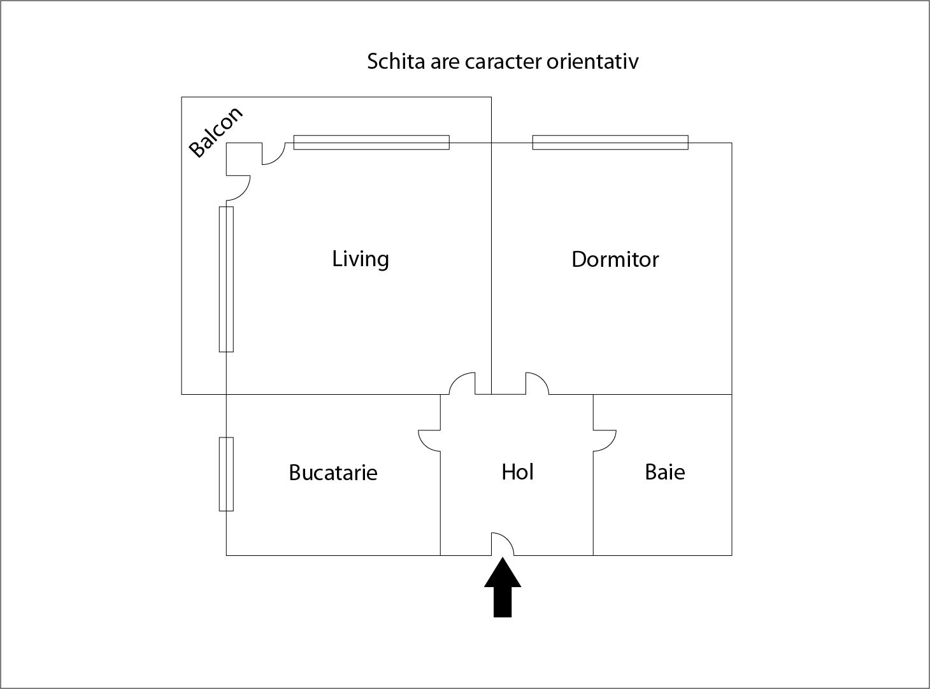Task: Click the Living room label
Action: [361, 259]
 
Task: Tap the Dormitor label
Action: [615, 260]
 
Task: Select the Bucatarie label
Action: [333, 472]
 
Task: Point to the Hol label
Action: [517, 472]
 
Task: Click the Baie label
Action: [664, 472]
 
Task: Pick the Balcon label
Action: [216, 132]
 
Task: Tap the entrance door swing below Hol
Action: [502, 544]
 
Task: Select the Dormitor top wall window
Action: [610, 143]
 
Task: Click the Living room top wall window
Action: [371, 143]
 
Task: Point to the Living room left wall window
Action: [226, 279]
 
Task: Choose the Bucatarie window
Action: [226, 474]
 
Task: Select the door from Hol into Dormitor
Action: [536, 383]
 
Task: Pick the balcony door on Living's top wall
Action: [273, 153]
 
